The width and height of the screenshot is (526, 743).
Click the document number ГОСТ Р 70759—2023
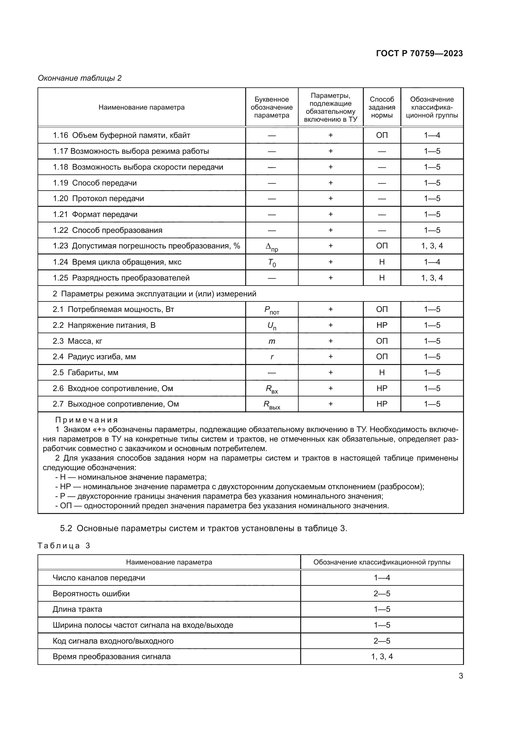pos(419,53)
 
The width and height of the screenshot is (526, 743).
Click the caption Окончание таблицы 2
pos(80,78)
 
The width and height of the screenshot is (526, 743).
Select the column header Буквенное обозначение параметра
pos(271,107)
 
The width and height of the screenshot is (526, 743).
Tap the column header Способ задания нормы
pos(382,107)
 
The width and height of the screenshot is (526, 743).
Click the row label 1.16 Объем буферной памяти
pos(121,135)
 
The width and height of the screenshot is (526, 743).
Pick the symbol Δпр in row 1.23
pos(271,247)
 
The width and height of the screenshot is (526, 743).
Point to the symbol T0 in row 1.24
pos(271,263)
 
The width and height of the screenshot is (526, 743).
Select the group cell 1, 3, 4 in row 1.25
pos(432,278)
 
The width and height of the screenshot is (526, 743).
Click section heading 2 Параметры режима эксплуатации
pos(154,294)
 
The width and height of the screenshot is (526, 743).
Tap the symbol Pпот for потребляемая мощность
pos(271,310)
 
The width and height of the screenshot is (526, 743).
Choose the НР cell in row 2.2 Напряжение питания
pos(382,325)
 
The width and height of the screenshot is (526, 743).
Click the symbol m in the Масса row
pos(271,341)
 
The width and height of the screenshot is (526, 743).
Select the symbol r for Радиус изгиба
pos(271,357)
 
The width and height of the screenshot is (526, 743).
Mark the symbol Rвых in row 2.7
pos(271,405)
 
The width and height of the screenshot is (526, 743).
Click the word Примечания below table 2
pos(87,420)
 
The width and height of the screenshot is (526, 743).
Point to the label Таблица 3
pos(64,546)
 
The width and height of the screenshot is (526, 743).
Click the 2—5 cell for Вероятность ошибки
pos(382,593)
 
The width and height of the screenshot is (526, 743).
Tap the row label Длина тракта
pos(77,609)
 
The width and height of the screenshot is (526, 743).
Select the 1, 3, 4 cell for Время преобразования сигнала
pos(382,657)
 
